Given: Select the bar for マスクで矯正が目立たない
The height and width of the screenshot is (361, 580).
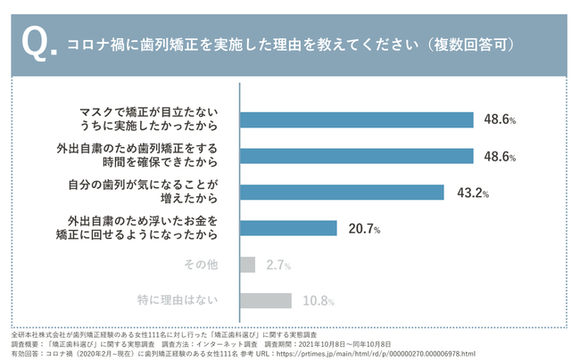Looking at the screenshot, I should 357,119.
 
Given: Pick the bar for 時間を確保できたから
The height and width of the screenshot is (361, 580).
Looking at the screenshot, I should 357,156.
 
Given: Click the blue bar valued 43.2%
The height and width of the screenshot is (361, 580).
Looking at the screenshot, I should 343,192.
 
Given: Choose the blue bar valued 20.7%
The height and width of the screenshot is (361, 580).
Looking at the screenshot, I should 289,228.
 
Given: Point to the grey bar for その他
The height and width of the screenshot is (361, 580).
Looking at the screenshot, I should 248,265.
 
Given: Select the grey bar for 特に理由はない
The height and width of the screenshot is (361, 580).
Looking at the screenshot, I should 266,300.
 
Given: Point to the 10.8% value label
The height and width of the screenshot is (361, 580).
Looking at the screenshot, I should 319,301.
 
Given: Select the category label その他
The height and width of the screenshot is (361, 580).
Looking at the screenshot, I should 201,265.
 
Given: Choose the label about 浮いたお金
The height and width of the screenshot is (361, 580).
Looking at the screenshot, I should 143,228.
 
